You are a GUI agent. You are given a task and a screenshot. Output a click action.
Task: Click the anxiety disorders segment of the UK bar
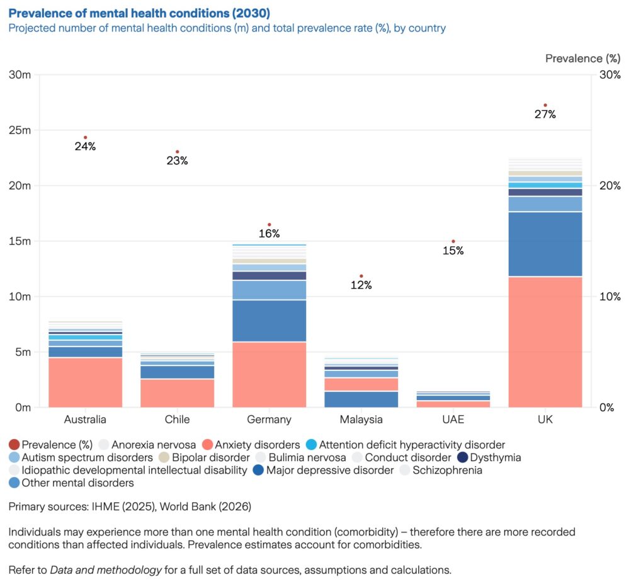[545, 341]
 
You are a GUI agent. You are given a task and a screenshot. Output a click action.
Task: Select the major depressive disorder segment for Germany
[269, 321]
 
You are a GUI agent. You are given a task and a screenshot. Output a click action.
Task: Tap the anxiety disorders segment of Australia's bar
[85, 382]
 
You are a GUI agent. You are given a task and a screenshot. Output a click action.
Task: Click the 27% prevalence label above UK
[545, 115]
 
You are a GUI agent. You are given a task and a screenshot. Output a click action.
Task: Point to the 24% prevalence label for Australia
[85, 147]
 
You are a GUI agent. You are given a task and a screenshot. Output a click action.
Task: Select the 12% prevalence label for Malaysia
[361, 285]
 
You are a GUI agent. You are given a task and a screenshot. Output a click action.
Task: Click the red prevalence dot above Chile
[178, 152]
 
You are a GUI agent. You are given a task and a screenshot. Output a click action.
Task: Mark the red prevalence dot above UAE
[453, 241]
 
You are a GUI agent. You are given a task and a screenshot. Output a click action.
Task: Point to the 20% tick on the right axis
[609, 186]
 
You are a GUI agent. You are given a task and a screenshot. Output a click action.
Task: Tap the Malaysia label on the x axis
[361, 420]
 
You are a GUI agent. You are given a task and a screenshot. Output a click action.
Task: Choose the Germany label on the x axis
[269, 420]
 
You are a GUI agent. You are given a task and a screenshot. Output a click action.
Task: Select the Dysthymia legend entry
[493, 458]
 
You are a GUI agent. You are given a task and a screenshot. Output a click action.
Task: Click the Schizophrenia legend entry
[448, 471]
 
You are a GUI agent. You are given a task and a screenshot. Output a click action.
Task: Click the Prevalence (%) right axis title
[582, 59]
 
